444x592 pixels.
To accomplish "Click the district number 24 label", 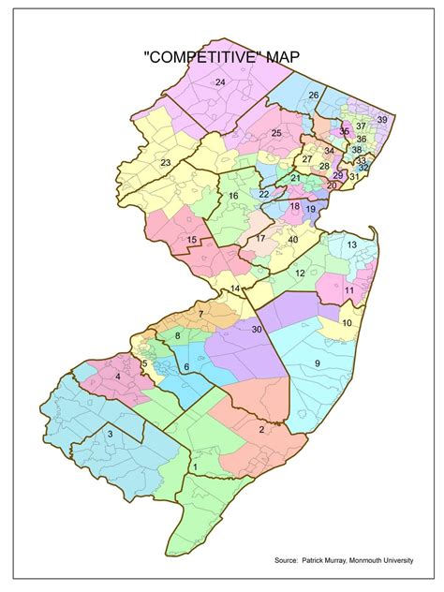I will [x=220, y=83].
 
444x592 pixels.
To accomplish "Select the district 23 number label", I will [x=165, y=163].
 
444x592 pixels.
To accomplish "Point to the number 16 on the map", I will [x=234, y=195].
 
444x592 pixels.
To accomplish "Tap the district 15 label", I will [x=191, y=240].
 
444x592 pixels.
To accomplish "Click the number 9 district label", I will [x=317, y=363].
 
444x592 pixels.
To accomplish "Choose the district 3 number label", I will [x=110, y=434].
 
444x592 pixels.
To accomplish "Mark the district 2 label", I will [x=259, y=429].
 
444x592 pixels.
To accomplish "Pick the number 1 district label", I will [x=195, y=466].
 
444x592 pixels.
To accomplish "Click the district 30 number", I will [x=256, y=328].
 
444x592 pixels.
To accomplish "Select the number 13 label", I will [x=351, y=244].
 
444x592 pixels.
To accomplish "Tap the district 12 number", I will [x=300, y=273].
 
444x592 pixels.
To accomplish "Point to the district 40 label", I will [x=292, y=240].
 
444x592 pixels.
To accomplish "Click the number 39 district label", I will [x=381, y=120].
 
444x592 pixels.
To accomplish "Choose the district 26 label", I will [x=314, y=96].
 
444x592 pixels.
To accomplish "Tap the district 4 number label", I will [x=117, y=377].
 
